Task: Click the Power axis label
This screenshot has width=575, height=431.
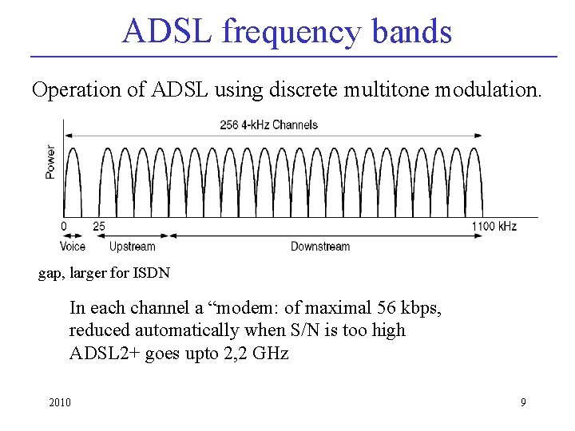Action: tap(50, 161)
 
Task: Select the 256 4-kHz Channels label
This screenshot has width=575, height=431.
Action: tap(268, 125)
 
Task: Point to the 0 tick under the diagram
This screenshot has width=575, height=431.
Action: tap(64, 227)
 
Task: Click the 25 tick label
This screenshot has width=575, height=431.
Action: tap(98, 227)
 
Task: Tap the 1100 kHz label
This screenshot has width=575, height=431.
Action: tap(494, 227)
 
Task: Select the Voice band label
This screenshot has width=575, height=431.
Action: tap(72, 247)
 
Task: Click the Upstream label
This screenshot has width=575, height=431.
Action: tap(132, 247)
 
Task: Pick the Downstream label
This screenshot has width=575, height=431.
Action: tap(319, 247)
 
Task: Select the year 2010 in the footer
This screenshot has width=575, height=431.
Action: tap(59, 402)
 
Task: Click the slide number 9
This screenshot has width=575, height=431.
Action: tap(523, 402)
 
